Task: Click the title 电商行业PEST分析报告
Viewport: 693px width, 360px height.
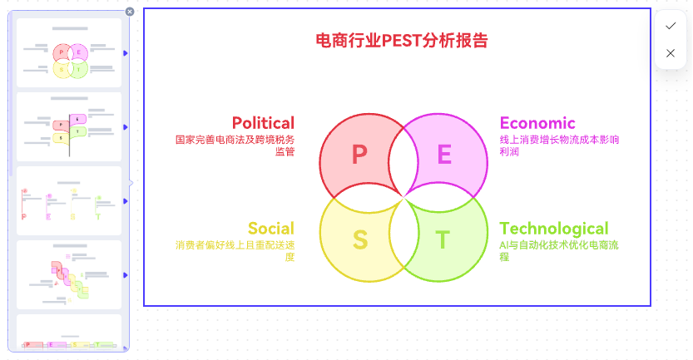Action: point(401,40)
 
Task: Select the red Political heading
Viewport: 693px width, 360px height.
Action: point(263,123)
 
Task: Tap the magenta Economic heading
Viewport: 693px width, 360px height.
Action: point(537,123)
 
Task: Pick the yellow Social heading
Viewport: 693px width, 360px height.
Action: point(271,229)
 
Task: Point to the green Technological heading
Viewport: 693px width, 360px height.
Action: point(554,229)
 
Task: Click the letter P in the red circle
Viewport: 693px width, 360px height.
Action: point(359,155)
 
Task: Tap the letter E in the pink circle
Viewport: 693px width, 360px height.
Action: point(444,155)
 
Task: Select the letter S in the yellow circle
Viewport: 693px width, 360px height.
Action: point(360,240)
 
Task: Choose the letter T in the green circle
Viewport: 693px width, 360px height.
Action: point(443,240)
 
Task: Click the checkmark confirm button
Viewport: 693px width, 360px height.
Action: point(671,26)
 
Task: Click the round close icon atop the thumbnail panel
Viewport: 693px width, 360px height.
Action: point(130,12)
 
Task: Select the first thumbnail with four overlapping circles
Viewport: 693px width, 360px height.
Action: point(69,52)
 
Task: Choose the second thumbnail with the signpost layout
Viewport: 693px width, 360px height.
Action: point(69,126)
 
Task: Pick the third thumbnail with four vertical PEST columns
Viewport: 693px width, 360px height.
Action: point(69,200)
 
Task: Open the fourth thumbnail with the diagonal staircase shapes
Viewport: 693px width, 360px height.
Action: point(69,274)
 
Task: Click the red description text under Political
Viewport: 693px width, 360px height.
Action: point(235,145)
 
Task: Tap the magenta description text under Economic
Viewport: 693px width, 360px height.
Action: point(559,145)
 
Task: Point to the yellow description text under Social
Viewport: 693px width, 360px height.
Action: point(235,251)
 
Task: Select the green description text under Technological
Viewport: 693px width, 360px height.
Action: point(559,251)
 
